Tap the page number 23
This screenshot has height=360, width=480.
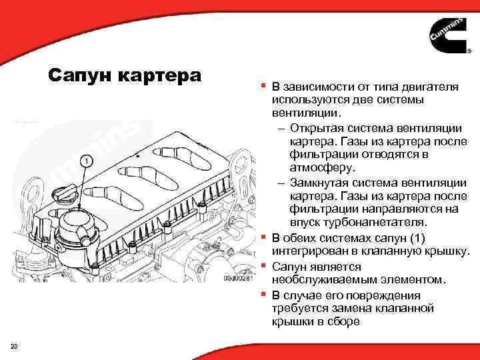click(x=14, y=344)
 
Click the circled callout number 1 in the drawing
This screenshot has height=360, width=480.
click(x=85, y=161)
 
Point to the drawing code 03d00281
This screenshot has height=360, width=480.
click(x=237, y=278)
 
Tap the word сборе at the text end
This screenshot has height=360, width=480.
click(x=344, y=321)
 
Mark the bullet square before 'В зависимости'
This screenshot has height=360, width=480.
click(x=264, y=87)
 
